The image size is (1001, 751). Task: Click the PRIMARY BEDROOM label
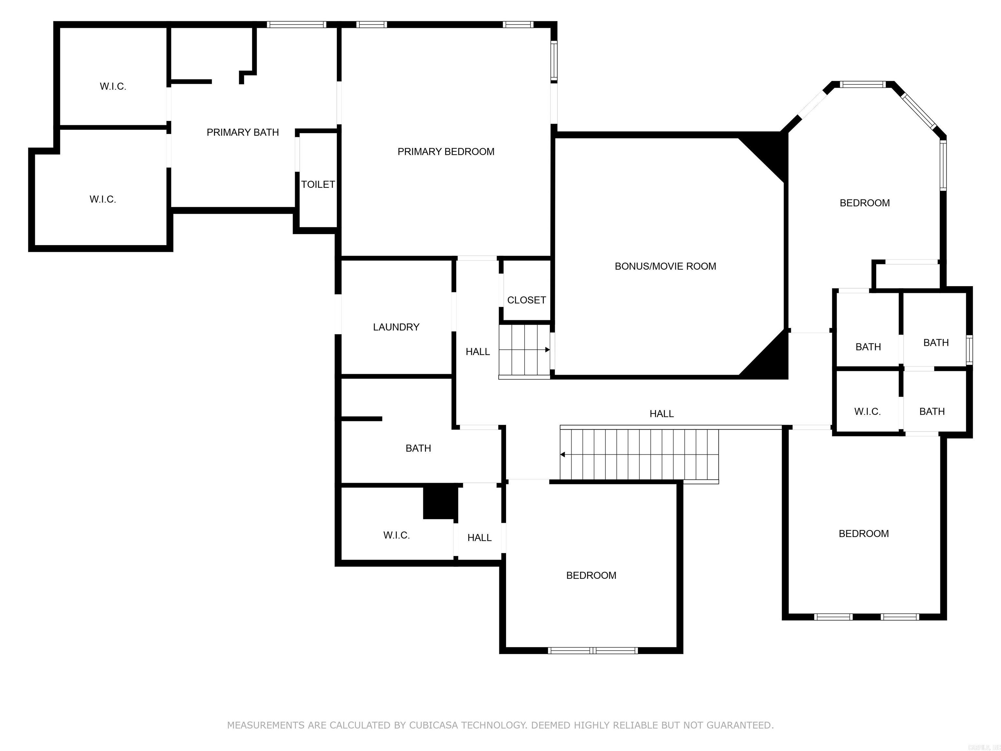point(445,152)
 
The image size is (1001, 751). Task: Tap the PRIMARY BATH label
point(242,132)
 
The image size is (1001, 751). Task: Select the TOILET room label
point(318,184)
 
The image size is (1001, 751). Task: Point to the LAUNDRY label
point(396,327)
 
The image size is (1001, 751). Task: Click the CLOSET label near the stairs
point(526,300)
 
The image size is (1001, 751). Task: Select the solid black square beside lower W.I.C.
point(440,502)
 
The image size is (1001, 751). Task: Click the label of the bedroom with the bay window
point(864,203)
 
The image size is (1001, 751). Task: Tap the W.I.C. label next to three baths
point(867,411)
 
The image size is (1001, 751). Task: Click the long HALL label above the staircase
point(661,413)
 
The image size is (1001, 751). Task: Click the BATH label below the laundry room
point(418,448)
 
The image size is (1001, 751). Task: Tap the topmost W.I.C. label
point(113,86)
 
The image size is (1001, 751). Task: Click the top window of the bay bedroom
point(862,84)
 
